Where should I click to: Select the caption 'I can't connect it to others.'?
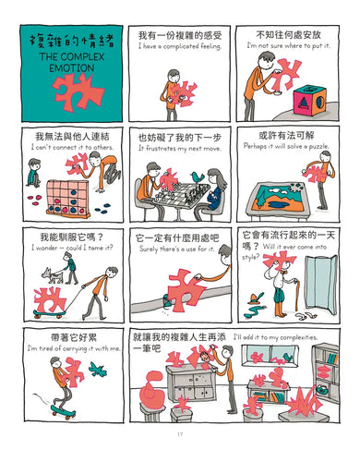[x=67, y=146]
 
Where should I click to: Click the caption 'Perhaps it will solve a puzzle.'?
[x=288, y=146]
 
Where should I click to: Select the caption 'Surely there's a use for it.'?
[x=178, y=249]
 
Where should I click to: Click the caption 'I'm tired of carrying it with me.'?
[x=67, y=347]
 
